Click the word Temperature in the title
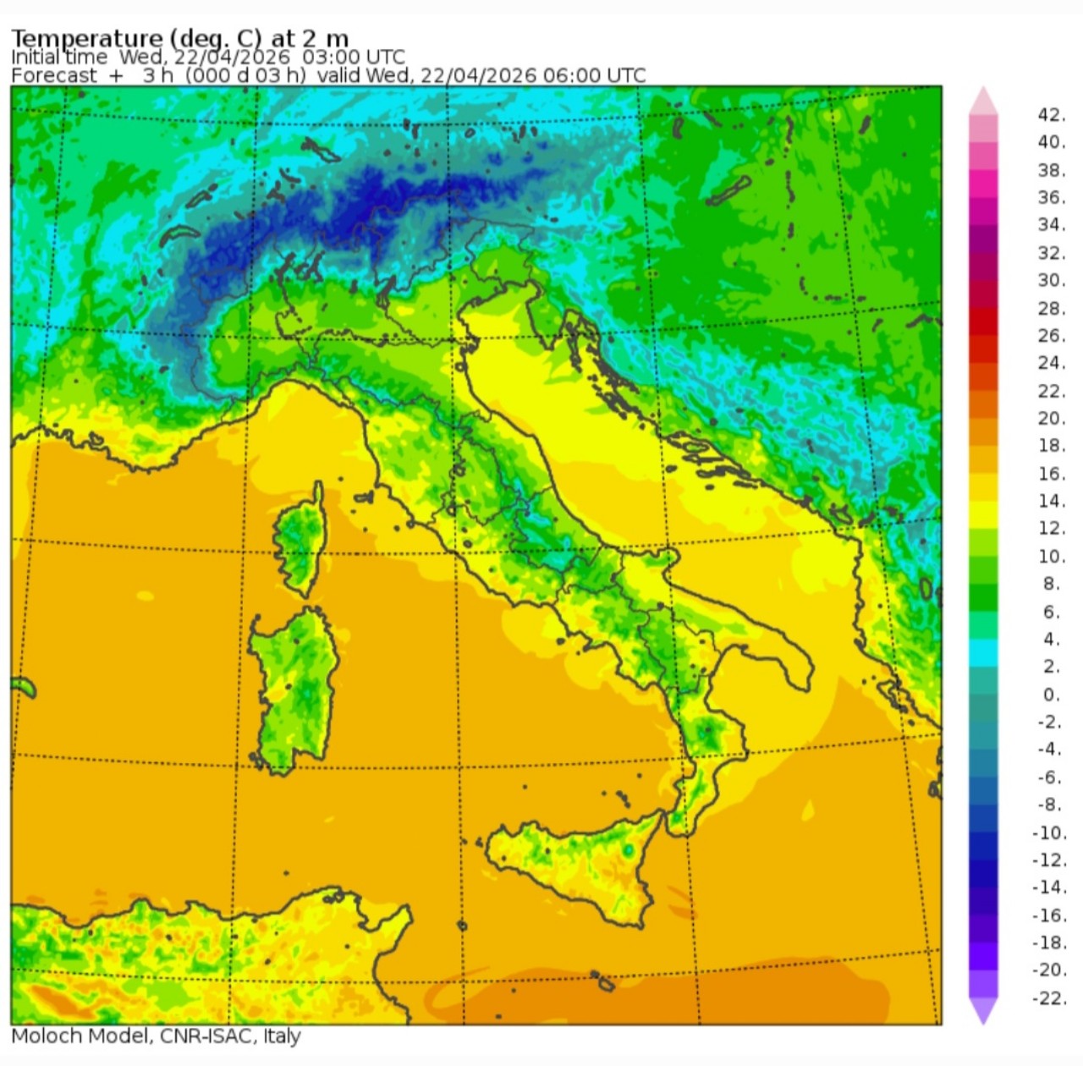coord(86,38)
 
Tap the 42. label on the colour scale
coord(1051,115)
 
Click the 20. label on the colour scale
coord(1051,418)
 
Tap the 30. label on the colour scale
coord(1051,280)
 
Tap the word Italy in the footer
coord(282,1036)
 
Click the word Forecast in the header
coord(54,75)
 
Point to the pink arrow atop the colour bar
coord(983,101)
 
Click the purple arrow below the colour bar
coord(983,1010)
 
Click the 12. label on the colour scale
coord(1051,528)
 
